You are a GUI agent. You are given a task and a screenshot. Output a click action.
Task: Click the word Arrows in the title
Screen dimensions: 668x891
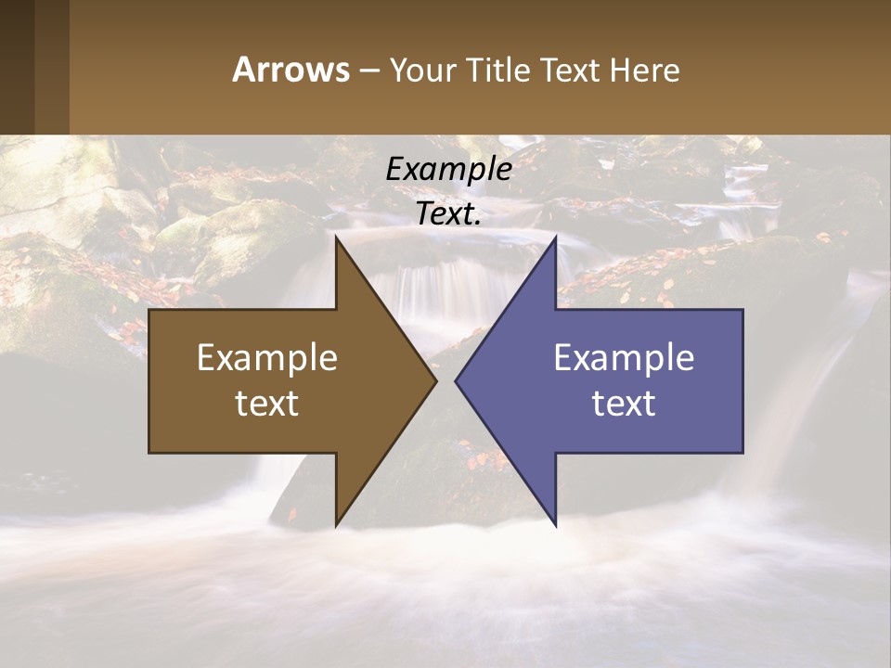point(291,70)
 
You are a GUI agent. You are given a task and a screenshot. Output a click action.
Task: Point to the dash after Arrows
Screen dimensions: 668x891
point(368,71)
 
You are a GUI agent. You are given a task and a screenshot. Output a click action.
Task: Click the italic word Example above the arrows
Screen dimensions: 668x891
point(449,169)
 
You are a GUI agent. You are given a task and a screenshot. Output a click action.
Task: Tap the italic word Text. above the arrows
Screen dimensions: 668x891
point(449,213)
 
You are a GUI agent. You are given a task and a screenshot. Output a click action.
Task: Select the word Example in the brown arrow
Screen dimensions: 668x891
point(267,357)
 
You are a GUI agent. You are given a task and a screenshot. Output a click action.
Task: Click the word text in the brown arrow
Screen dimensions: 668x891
point(267,403)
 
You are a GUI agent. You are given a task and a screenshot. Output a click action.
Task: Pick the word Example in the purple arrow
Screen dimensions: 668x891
point(624,357)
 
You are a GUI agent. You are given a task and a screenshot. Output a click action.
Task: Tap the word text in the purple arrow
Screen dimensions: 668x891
point(624,403)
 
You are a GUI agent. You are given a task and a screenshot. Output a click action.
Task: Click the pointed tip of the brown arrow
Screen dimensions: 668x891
point(435,380)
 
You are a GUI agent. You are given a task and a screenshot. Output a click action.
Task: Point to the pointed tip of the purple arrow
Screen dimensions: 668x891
point(456,380)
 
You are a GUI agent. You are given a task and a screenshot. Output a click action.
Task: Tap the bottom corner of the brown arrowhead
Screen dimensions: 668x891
point(336,525)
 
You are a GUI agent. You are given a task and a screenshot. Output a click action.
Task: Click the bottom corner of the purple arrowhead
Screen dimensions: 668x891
point(555,525)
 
